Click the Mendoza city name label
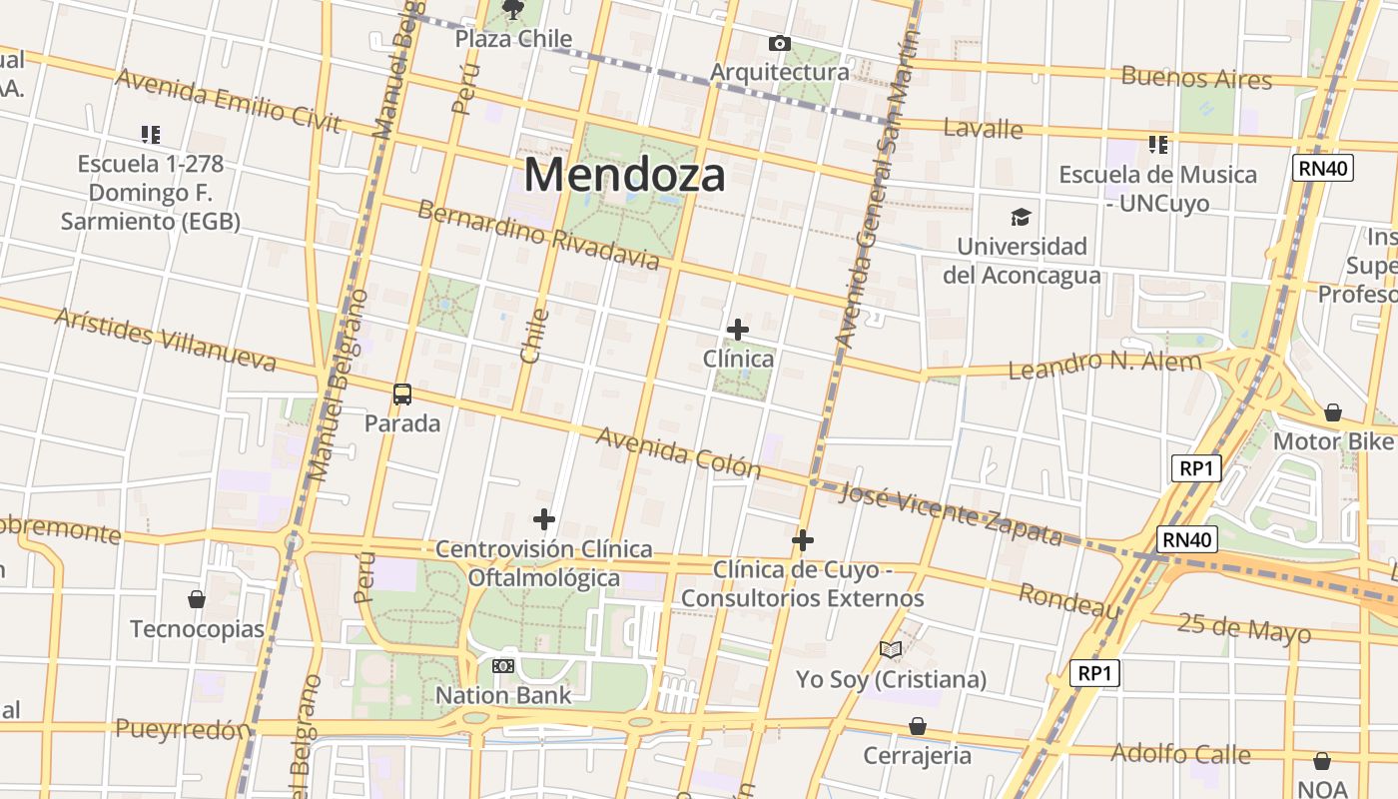point(624,175)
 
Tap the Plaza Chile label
point(513,39)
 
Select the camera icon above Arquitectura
point(779,43)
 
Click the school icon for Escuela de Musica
point(1157,145)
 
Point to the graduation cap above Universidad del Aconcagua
point(1021,217)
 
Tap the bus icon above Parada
point(402,395)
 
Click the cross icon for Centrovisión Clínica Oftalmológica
point(544,519)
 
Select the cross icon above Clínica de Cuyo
point(803,540)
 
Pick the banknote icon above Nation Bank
point(503,665)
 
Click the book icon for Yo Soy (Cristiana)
point(891,650)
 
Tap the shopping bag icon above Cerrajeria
point(917,726)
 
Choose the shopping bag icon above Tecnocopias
point(197,599)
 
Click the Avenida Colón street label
point(678,452)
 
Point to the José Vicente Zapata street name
point(951,514)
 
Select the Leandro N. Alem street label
point(1104,365)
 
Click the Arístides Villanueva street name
point(165,340)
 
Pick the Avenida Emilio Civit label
point(229,101)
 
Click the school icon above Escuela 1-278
point(151,134)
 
